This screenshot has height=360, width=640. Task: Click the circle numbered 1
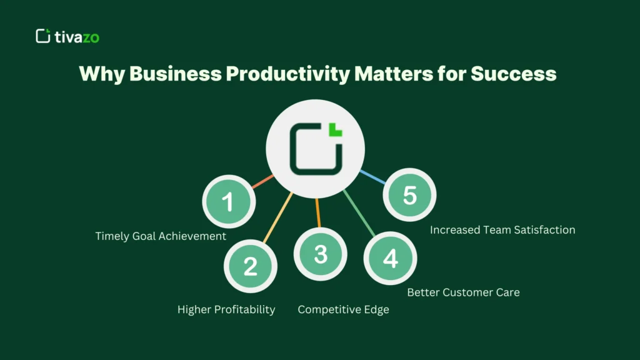(229, 202)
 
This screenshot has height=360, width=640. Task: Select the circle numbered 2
(250, 266)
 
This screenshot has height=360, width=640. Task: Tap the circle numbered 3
(321, 254)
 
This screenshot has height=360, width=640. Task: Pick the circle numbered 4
(390, 257)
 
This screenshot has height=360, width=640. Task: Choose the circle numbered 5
(409, 195)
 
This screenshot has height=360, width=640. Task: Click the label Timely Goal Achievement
(161, 236)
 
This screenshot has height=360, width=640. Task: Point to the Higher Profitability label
(226, 309)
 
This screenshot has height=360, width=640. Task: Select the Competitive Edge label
(343, 309)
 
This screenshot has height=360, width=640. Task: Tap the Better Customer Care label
(463, 292)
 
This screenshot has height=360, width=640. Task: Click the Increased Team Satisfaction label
(502, 230)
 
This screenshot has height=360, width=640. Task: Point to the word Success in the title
(513, 74)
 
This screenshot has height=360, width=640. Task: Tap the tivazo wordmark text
(77, 37)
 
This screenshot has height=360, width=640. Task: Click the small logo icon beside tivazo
(42, 36)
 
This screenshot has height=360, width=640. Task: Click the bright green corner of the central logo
(336, 129)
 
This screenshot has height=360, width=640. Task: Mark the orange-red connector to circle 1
(263, 182)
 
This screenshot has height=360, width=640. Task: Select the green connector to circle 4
(360, 213)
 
